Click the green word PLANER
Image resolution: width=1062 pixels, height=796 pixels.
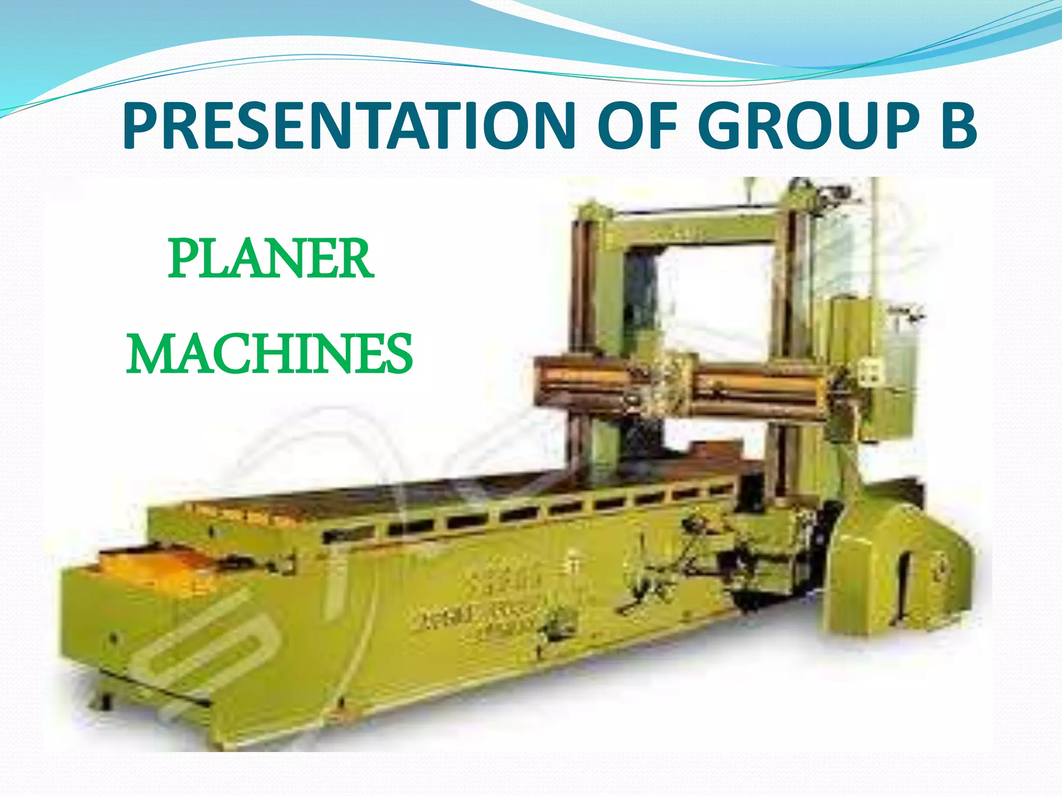(x=270, y=259)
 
